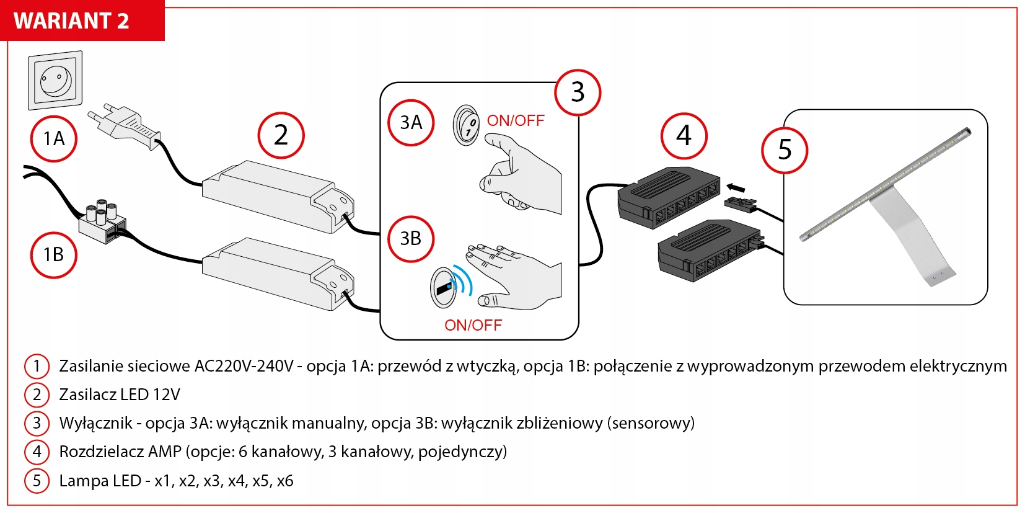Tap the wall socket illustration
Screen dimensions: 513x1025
[55, 80]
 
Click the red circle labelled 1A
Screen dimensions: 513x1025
[54, 139]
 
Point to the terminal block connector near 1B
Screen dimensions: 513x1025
[103, 221]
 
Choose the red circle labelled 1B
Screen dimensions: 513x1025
[54, 254]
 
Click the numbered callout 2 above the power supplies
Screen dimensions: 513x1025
[281, 135]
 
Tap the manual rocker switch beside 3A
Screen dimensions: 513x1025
[466, 125]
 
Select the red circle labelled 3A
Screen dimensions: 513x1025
[411, 123]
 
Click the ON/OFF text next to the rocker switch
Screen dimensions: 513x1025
[515, 120]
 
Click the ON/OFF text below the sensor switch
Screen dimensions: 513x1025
[473, 325]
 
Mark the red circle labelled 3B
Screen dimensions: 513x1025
[411, 239]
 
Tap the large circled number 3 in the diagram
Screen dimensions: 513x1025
[578, 92]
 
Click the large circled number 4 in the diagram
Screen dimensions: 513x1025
[684, 135]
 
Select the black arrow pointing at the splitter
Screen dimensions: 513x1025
[735, 187]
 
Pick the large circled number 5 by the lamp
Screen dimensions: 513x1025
[785, 149]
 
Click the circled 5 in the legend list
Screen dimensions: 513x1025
[37, 481]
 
